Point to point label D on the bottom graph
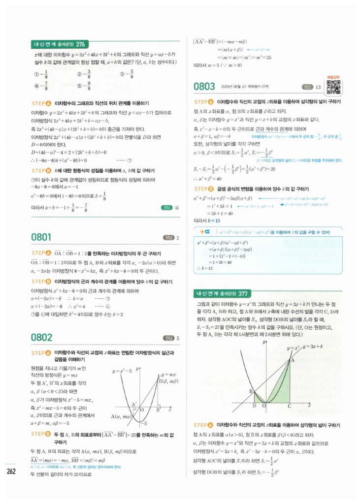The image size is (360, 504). pos(254,406)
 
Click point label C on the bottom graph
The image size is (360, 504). pos(289,406)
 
